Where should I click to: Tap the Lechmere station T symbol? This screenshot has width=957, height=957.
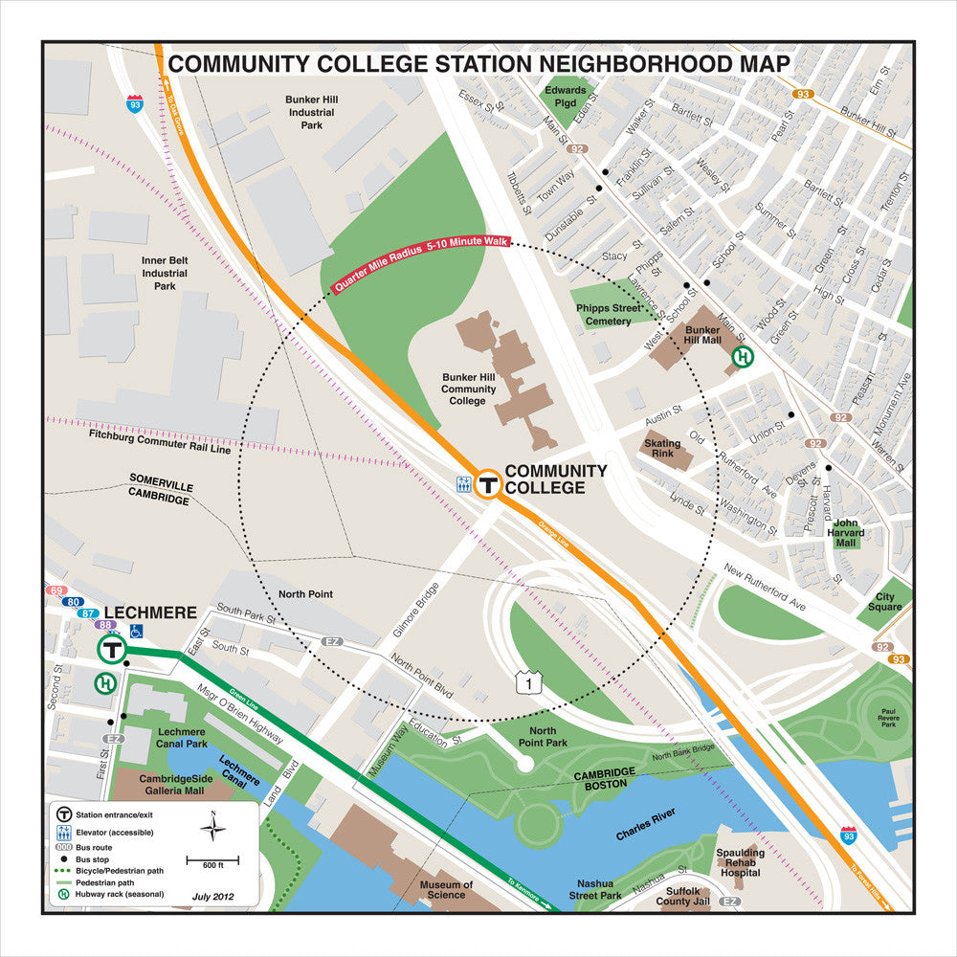coord(111,650)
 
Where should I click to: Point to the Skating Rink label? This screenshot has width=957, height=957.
coord(662,449)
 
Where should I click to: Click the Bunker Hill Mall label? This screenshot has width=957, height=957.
coord(701,333)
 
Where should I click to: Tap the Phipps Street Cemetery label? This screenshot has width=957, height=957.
coord(609,315)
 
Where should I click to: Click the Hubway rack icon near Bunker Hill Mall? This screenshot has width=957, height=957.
coord(742,357)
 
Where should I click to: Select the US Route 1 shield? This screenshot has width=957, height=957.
coord(523,682)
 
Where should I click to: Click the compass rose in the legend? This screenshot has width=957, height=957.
coord(212,827)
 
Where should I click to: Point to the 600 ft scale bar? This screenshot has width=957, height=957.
coord(212,861)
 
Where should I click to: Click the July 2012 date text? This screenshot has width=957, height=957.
coord(212,897)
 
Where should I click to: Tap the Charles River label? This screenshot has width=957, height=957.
coord(645,823)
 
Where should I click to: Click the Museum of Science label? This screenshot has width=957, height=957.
coord(446,891)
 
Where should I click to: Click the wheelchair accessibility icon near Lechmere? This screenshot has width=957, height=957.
coord(136,631)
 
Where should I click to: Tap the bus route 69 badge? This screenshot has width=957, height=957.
coord(56,590)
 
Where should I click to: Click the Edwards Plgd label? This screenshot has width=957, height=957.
coord(565,97)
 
